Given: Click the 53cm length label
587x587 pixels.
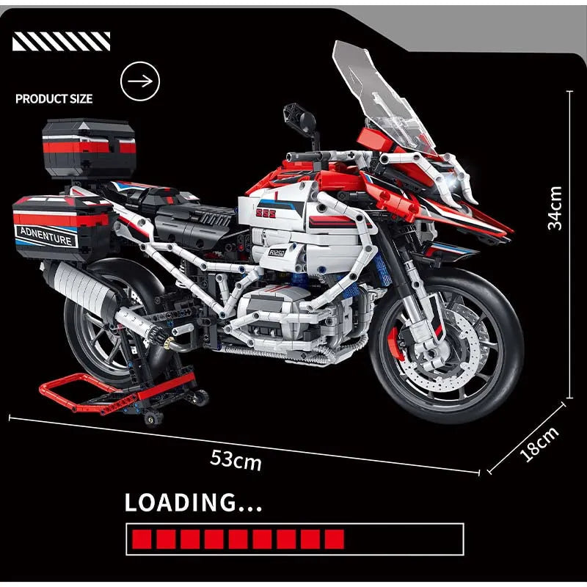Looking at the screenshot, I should (236, 459).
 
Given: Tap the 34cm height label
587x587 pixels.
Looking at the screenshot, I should (555, 208).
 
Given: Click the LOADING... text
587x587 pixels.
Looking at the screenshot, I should (193, 503).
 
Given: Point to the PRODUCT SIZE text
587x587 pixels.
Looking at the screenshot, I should (54, 98).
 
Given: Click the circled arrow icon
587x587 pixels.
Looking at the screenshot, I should (140, 80).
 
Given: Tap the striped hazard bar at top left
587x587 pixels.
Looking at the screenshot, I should (62, 41).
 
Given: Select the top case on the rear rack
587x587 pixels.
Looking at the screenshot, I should (89, 147).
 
